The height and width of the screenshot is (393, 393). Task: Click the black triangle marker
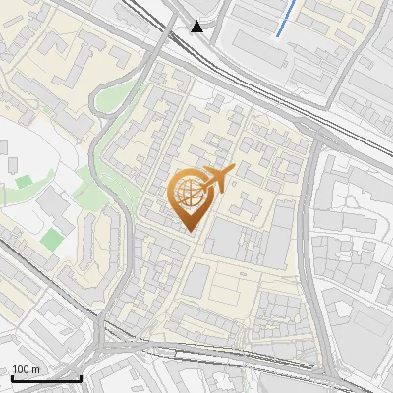(197, 27)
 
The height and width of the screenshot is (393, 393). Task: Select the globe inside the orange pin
(188, 192)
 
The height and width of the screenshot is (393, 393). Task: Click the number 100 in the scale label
(20, 369)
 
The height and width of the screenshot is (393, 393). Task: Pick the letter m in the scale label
(35, 369)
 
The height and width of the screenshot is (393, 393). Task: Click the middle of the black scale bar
(46, 378)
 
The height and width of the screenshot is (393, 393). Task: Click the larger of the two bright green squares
(51, 238)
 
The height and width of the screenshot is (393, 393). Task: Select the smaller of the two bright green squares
(23, 181)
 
